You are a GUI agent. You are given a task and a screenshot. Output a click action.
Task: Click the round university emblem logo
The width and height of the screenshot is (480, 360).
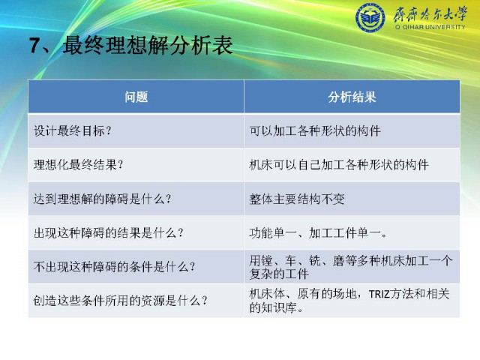click(x=370, y=18)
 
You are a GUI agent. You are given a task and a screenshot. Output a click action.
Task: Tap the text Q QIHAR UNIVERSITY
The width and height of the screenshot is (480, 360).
click(x=430, y=27)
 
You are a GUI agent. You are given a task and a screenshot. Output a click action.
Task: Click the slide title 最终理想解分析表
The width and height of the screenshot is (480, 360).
click(x=148, y=45)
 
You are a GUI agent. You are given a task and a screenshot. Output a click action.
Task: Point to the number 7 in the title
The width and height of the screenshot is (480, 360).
click(x=35, y=46)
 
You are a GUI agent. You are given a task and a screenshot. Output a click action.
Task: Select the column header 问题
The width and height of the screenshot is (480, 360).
click(x=136, y=97)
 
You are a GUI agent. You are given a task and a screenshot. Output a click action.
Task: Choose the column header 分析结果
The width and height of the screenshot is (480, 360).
click(x=352, y=97)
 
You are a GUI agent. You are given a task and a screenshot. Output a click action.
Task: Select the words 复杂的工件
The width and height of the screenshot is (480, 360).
click(x=279, y=273)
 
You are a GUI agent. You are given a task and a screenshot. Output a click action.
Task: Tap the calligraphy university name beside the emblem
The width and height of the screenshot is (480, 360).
click(x=430, y=14)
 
